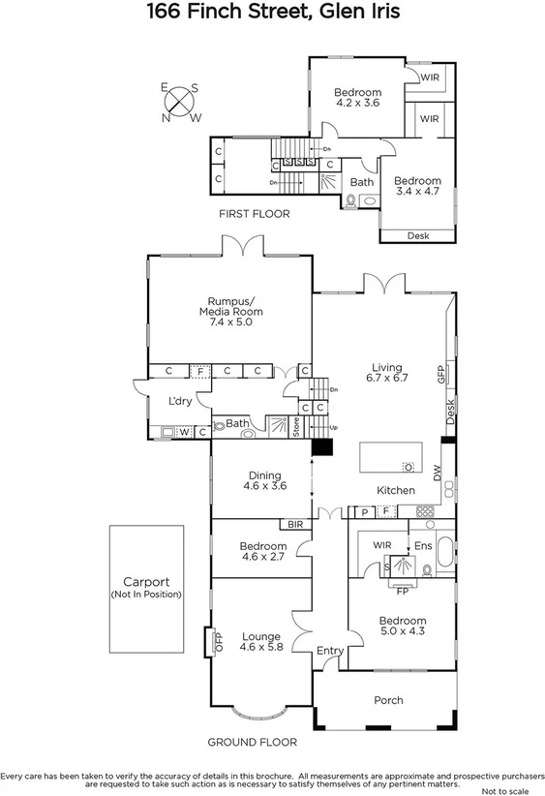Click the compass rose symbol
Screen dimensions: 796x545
click(180, 102)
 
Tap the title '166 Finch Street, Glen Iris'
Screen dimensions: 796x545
click(272, 13)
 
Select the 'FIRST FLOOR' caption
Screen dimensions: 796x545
click(254, 214)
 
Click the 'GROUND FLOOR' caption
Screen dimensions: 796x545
click(252, 742)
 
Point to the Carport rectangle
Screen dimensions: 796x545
click(146, 589)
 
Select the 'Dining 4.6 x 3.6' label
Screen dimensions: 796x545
click(264, 481)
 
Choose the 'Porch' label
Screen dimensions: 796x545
click(388, 700)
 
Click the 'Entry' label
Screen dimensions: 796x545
click(330, 651)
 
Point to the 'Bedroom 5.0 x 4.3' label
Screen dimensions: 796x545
click(402, 627)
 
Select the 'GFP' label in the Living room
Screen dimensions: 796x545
click(440, 376)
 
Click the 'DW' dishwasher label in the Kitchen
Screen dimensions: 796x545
click(437, 474)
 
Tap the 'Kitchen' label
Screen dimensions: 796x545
click(397, 491)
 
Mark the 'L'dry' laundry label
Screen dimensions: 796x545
click(179, 402)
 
